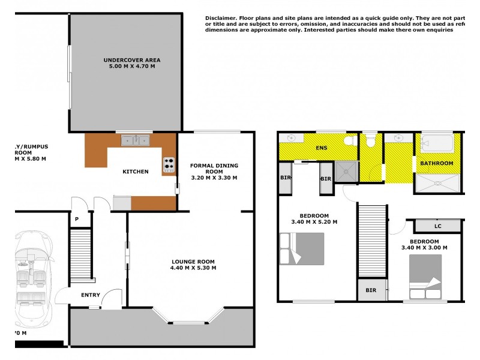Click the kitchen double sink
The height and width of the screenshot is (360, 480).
click(x=135, y=140)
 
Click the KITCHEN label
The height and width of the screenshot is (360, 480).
click(x=135, y=172)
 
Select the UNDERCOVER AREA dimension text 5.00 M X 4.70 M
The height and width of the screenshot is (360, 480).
click(x=131, y=66)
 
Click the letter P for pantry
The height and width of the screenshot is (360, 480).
click(x=77, y=220)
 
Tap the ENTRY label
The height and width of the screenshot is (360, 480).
click(x=91, y=295)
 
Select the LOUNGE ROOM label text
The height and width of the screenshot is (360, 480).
click(x=193, y=260)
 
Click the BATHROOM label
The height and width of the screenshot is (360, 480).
click(x=436, y=163)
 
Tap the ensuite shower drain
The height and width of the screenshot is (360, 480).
click(x=345, y=172)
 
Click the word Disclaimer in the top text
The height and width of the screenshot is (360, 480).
click(x=221, y=19)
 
